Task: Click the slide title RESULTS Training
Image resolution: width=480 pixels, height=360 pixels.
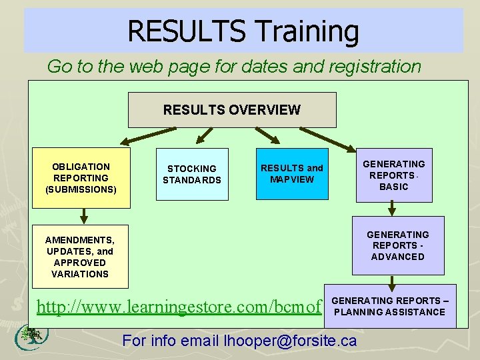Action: click(243, 31)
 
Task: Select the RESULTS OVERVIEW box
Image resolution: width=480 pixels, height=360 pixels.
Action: click(232, 110)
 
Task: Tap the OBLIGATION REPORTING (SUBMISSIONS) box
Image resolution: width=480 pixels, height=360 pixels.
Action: click(82, 178)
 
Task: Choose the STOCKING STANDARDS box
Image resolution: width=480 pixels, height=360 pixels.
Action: click(191, 175)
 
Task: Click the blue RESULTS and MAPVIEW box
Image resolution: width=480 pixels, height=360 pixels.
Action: click(291, 174)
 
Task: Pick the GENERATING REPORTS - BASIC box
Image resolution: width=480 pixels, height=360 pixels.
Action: click(393, 175)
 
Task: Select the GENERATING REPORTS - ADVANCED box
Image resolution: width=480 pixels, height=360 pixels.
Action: click(397, 245)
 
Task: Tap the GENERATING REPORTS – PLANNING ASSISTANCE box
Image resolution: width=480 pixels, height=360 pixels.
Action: click(390, 307)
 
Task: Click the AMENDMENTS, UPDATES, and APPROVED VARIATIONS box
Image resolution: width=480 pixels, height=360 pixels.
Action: click(80, 257)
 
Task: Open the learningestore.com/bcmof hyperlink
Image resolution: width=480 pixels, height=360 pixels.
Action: click(179, 307)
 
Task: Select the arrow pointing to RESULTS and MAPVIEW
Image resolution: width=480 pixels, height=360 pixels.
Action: click(268, 137)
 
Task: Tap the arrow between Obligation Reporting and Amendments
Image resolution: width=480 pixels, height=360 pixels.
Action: click(83, 216)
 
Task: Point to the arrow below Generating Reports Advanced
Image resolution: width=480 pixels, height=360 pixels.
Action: click(392, 281)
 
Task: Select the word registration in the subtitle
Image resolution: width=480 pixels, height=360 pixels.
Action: click(377, 67)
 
